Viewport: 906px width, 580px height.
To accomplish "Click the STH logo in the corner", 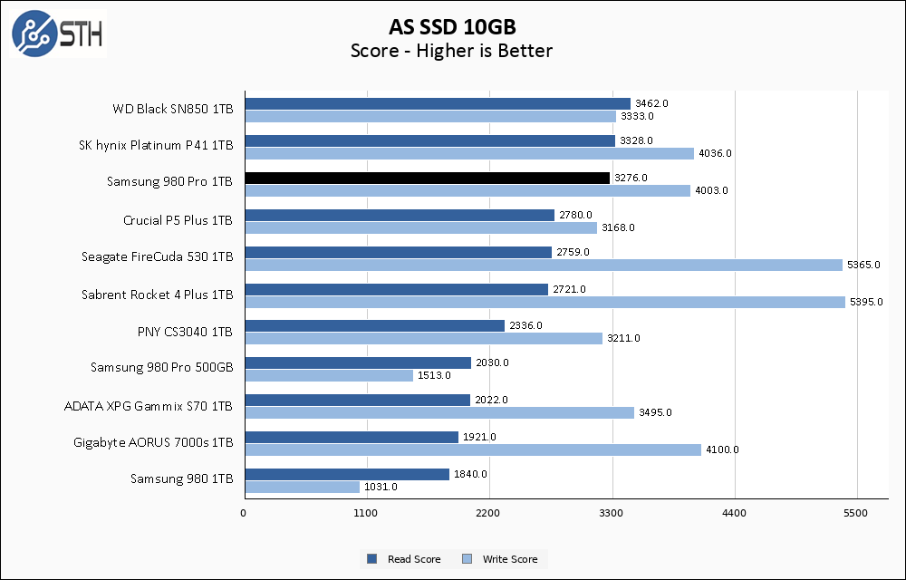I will pyautogui.click(x=57, y=34).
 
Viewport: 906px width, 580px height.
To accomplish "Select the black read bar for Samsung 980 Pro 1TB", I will pyautogui.click(x=427, y=178).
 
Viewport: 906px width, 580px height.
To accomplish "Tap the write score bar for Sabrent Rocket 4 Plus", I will pyautogui.click(x=545, y=302).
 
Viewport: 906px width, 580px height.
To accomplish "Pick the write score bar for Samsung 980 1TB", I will pyautogui.click(x=302, y=487).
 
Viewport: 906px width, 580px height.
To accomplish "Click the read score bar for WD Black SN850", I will pyautogui.click(x=437, y=103).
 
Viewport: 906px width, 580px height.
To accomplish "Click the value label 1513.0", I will pyautogui.click(x=434, y=376).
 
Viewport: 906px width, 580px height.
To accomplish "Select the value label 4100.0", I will pyautogui.click(x=722, y=449).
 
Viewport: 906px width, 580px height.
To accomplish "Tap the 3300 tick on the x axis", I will pyautogui.click(x=612, y=513).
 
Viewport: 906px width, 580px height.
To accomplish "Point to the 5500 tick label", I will pyautogui.click(x=857, y=513).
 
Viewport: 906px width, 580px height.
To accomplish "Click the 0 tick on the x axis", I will pyautogui.click(x=244, y=513).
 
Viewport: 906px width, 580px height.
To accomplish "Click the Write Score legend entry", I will pyautogui.click(x=500, y=559).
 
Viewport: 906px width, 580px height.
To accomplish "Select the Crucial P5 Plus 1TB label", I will pyautogui.click(x=178, y=220).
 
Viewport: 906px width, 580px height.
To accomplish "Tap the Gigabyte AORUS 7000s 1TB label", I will pyautogui.click(x=153, y=442).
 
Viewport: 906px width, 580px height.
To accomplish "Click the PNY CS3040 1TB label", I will pyautogui.click(x=185, y=332).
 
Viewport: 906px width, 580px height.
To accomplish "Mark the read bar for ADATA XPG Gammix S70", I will pyautogui.click(x=357, y=400).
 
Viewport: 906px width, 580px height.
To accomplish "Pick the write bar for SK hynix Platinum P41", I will pyautogui.click(x=468, y=153).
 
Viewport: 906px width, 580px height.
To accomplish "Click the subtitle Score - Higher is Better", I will pyautogui.click(x=451, y=51).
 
